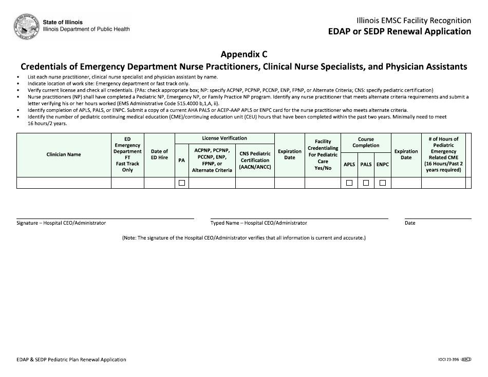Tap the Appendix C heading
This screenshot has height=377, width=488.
point(244,54)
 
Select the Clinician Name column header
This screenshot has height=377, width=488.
point(64,154)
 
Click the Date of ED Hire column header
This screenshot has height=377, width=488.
point(159,154)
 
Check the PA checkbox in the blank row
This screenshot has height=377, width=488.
point(181,183)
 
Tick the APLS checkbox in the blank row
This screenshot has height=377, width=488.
point(349,183)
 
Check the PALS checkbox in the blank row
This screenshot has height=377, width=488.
point(366,183)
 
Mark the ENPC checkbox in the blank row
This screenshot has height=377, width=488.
point(383,183)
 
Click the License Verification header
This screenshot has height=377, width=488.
point(224,138)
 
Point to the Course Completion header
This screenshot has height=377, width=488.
point(366,142)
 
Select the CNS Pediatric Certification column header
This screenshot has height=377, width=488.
point(255,160)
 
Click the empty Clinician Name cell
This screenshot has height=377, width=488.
point(64,183)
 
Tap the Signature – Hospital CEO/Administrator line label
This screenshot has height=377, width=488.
point(61,223)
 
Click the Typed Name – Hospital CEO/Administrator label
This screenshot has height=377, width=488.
point(258,223)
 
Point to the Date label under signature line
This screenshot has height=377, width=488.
point(410,223)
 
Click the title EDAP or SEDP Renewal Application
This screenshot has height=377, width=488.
point(400,31)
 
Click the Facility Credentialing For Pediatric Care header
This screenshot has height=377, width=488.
point(323,154)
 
